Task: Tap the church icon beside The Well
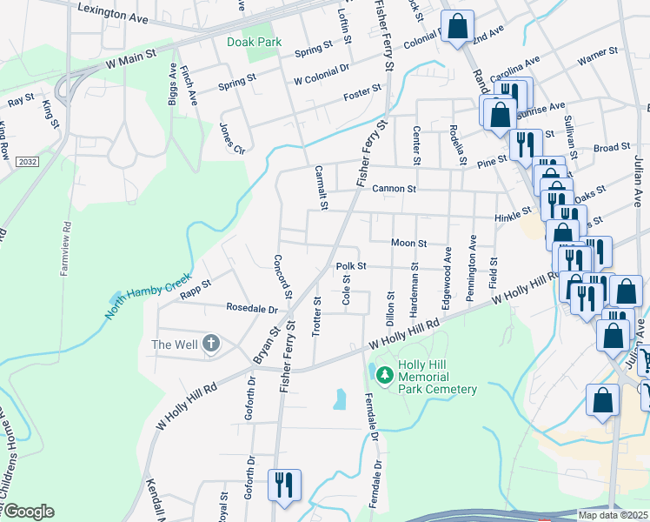[209, 344]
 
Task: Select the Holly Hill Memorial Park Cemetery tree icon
[383, 377]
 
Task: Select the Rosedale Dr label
[251, 309]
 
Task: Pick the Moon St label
[408, 244]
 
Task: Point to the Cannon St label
[394, 189]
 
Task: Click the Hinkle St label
[513, 211]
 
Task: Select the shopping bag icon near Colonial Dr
[457, 26]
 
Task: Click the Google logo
[28, 512]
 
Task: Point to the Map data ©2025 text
[614, 515]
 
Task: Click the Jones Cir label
[232, 136]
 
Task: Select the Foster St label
[362, 90]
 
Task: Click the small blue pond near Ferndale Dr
[340, 399]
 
